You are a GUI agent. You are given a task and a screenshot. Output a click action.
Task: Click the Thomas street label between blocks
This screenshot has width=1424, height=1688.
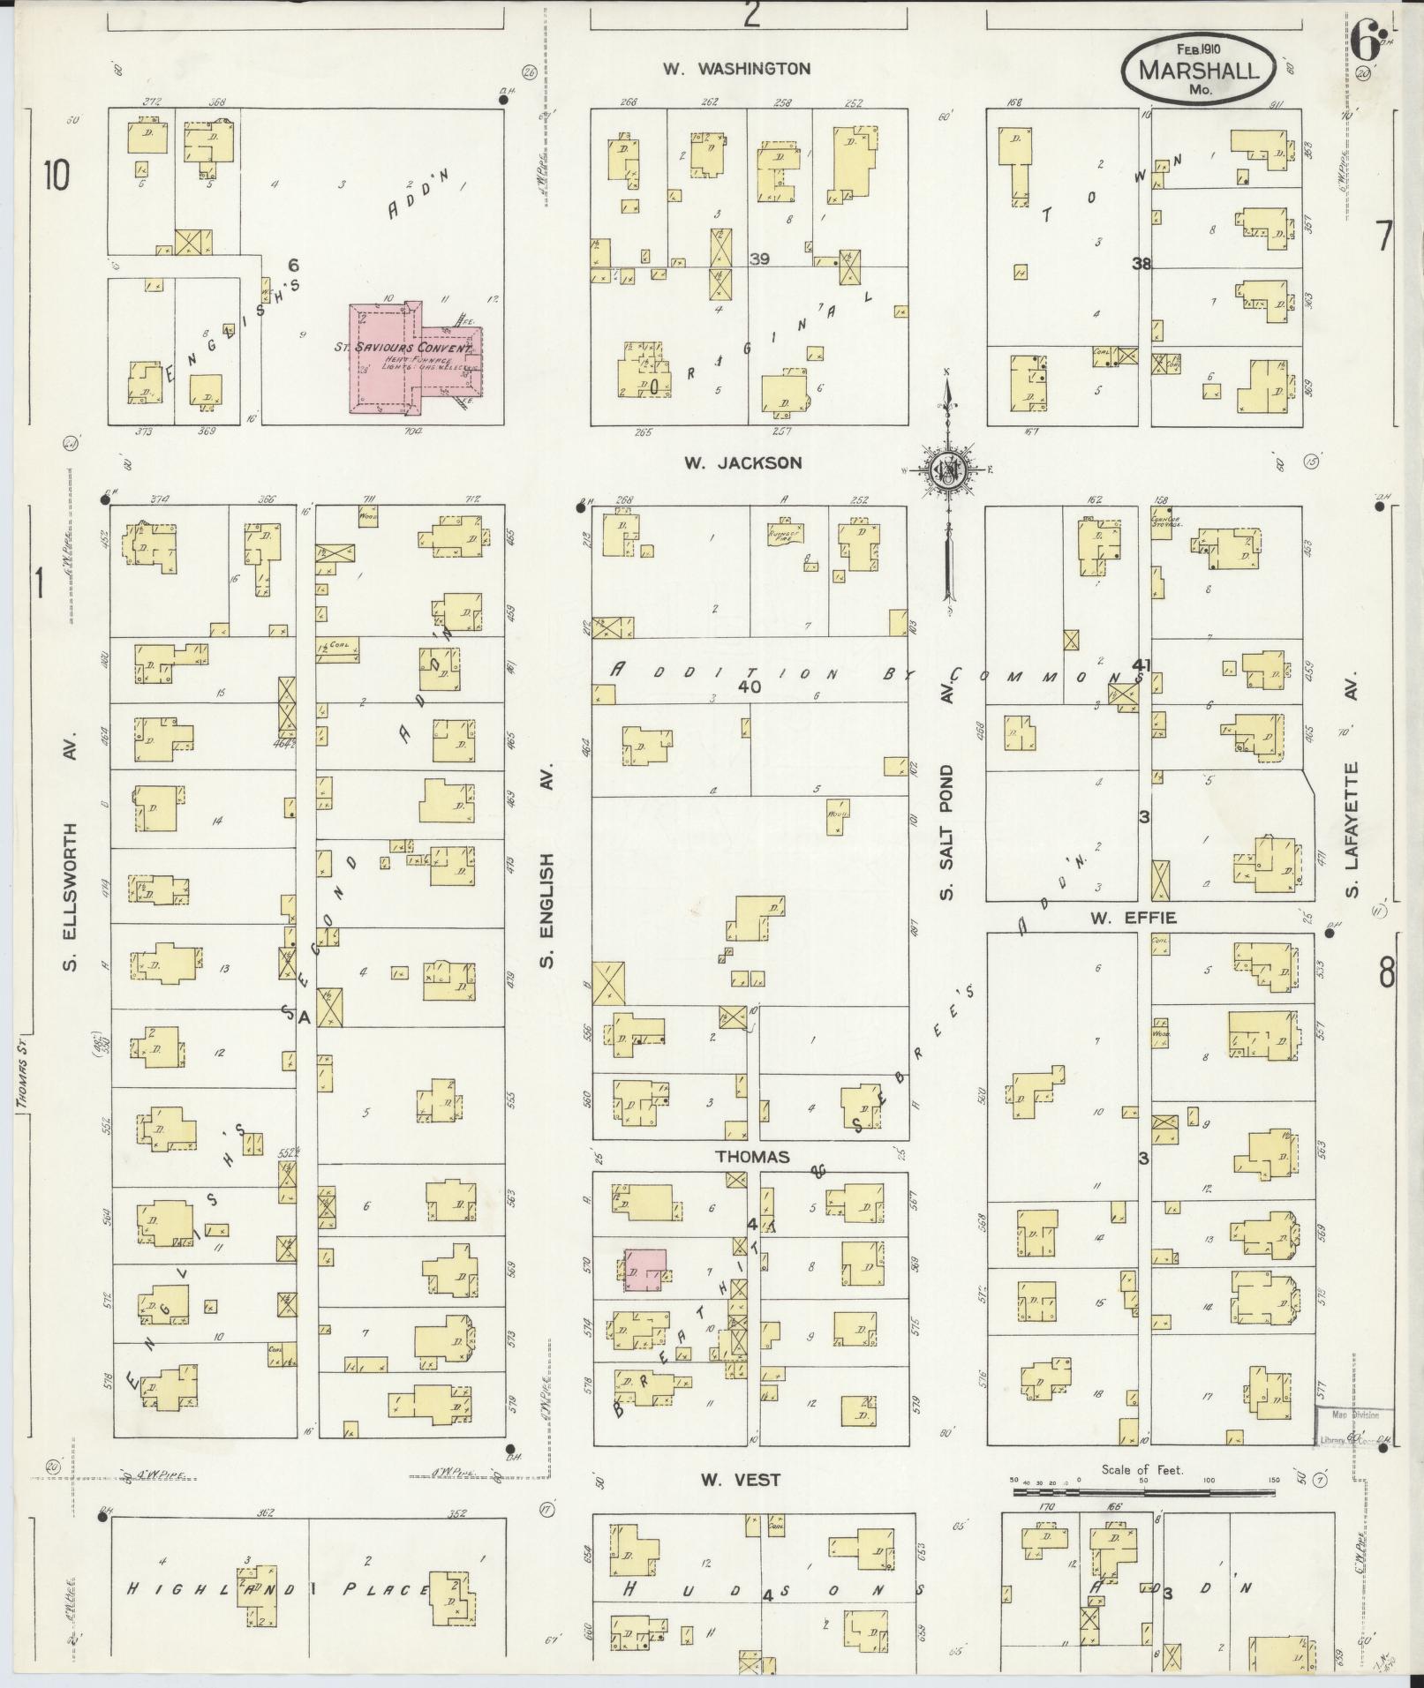752,1156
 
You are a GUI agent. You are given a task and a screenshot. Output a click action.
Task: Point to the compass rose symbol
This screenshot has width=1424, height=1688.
946,470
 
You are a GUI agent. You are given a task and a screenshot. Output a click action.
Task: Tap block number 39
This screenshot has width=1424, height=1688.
758,259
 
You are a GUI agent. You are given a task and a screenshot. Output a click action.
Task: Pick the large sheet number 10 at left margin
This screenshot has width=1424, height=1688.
55,176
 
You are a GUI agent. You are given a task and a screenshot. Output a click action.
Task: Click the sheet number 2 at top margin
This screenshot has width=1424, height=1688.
751,14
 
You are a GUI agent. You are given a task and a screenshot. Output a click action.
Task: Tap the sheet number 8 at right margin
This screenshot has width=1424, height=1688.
1387,975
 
